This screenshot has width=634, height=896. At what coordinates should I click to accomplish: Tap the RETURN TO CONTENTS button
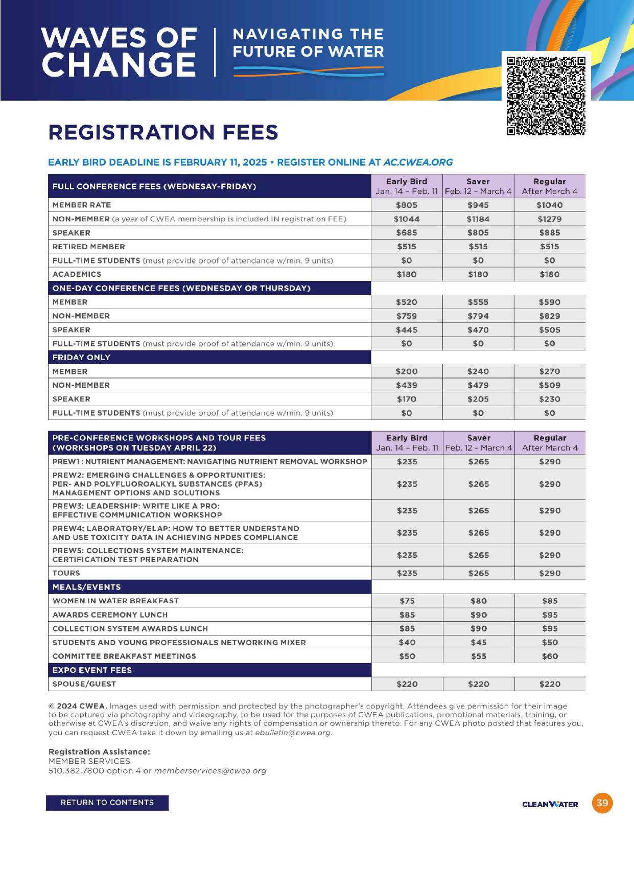107,803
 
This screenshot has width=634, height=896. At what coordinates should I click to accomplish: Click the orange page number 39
602,803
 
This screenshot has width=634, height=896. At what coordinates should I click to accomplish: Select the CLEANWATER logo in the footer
550,804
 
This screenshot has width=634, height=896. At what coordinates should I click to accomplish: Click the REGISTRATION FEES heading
163,132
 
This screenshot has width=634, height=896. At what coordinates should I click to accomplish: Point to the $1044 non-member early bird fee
407,219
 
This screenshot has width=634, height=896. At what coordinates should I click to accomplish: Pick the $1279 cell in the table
549,219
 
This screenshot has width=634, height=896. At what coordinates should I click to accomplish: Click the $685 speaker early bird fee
407,233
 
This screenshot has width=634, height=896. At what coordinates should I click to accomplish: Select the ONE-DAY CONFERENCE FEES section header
181,288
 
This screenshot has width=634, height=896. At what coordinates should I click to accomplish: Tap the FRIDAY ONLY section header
81,358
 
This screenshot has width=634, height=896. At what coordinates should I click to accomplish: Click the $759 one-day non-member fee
407,316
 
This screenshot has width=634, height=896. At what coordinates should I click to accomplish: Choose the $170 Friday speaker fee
407,399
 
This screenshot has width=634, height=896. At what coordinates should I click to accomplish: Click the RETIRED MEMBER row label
88,247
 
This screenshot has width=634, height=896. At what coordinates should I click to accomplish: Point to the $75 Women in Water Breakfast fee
407,601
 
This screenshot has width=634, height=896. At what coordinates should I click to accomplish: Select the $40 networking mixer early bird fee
407,643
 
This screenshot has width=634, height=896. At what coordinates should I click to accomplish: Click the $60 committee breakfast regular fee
550,656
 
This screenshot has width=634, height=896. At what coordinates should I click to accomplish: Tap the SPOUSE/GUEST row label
84,684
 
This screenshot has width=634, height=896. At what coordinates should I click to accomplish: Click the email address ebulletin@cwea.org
293,733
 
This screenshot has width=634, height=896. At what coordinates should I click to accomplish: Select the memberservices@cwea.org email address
210,770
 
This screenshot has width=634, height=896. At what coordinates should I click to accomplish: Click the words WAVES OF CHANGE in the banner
119,51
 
